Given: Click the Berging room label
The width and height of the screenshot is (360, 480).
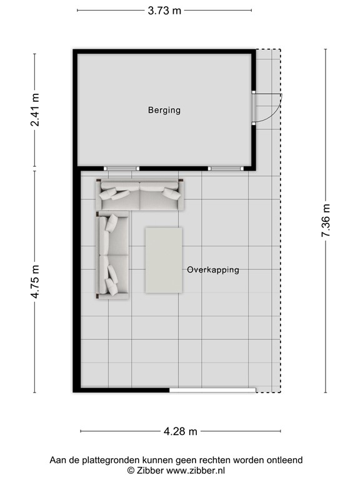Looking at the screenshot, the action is tap(164, 110).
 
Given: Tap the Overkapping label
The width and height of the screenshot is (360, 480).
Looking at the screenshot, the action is tap(213, 270).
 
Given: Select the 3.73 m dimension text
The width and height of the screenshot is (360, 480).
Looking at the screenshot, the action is tap(164, 11).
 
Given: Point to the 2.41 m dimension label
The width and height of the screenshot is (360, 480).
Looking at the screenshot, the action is tap(35, 109).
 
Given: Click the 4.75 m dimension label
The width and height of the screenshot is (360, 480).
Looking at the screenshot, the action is tap(35, 282).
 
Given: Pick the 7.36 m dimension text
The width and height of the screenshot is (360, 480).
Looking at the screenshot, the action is tap(326, 221).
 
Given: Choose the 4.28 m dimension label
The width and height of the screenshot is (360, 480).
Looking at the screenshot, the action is tap(180, 432).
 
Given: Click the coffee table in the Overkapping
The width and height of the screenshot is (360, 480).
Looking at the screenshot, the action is tap(164, 260).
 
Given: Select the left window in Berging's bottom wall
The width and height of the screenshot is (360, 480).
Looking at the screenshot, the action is tap(121, 168).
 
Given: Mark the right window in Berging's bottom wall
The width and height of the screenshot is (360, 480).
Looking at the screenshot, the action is tap(226, 168).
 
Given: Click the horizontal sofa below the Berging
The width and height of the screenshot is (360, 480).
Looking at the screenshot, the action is tap(140, 195).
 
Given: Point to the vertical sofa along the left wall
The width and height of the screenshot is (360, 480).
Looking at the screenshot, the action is tap(112, 255).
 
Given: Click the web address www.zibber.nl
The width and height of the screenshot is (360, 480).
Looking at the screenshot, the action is tap(196, 471).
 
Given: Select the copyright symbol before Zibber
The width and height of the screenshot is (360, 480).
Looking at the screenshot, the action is tap(131, 471).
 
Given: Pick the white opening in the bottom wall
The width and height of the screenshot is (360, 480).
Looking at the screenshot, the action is tap(212, 390).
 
